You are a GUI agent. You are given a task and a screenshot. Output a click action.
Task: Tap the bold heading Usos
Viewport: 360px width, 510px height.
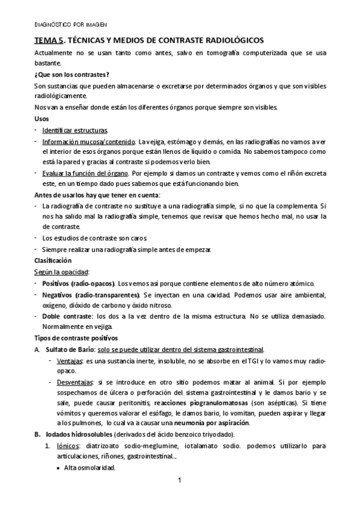pyautogui.click(x=42, y=118)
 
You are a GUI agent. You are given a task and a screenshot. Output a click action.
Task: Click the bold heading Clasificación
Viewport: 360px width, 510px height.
pyautogui.click(x=53, y=260)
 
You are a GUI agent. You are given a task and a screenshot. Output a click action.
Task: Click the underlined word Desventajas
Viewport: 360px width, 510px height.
pyautogui.click(x=75, y=383)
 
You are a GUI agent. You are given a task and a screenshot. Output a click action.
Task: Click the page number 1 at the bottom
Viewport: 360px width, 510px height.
pyautogui.click(x=179, y=481)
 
